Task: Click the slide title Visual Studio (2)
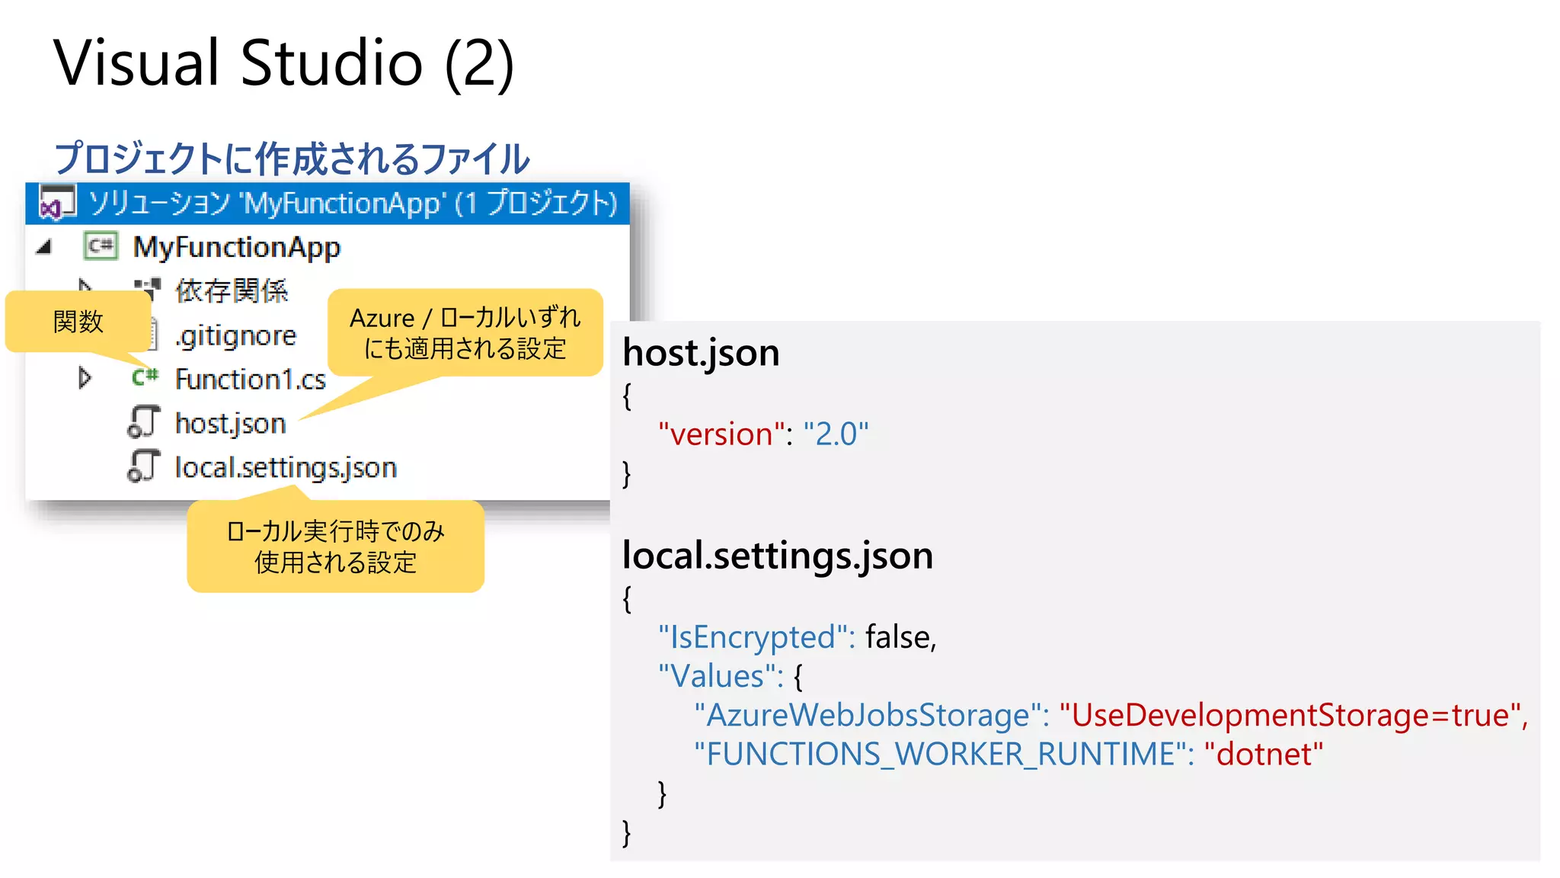(283, 63)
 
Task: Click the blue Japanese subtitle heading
(292, 159)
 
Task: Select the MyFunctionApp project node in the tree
(236, 247)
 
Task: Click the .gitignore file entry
(235, 335)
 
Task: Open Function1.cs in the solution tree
(250, 380)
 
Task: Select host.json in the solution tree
(230, 424)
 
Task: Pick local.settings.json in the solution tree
(286, 468)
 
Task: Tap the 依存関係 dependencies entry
(232, 291)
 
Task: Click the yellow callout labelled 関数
(78, 322)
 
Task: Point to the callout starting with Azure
(465, 332)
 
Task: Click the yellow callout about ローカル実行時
(335, 546)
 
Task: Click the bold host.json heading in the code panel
(701, 353)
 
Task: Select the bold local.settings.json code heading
(777, 556)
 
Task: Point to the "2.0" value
(836, 434)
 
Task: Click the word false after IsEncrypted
(900, 637)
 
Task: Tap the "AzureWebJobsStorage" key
(868, 716)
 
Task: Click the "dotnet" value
(1263, 755)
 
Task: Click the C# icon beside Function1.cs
(145, 377)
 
